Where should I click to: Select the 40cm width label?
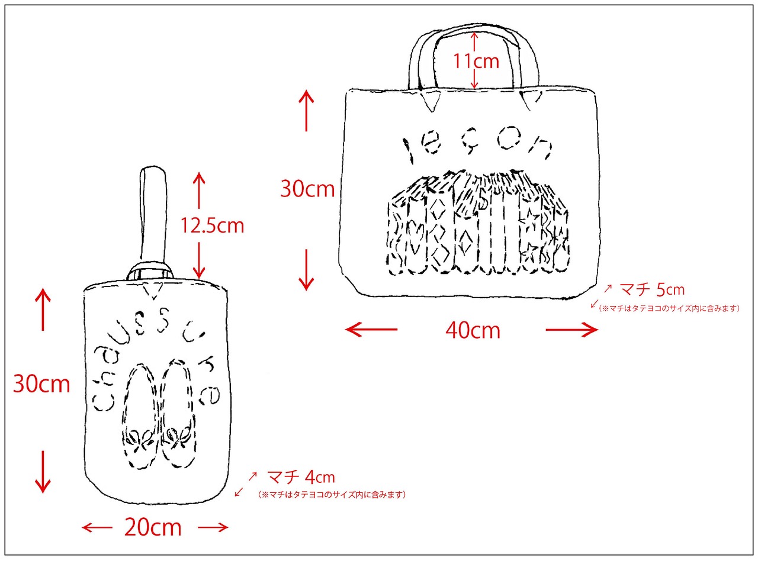[473, 330]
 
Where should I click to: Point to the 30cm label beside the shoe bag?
[41, 385]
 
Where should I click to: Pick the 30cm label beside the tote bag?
[307, 189]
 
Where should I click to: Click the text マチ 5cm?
[651, 290]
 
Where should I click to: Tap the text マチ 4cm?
[301, 476]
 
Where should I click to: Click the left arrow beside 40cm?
[371, 330]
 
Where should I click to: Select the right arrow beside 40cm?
[572, 330]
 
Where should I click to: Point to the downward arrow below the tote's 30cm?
[306, 270]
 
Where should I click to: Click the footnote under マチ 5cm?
[669, 308]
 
